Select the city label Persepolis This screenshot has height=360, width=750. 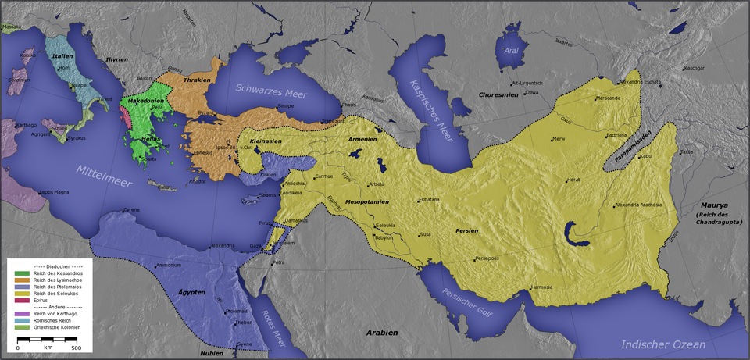pos(486,258)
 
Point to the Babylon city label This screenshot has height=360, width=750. pos(384,237)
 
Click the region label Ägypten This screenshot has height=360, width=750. pos(191,292)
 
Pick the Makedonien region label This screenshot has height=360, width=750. pos(145,101)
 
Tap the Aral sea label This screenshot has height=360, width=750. pos(511,51)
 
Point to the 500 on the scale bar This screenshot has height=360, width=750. pos(76,348)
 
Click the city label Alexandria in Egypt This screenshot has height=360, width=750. pos(222,246)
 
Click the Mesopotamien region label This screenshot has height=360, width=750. pos(367,201)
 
